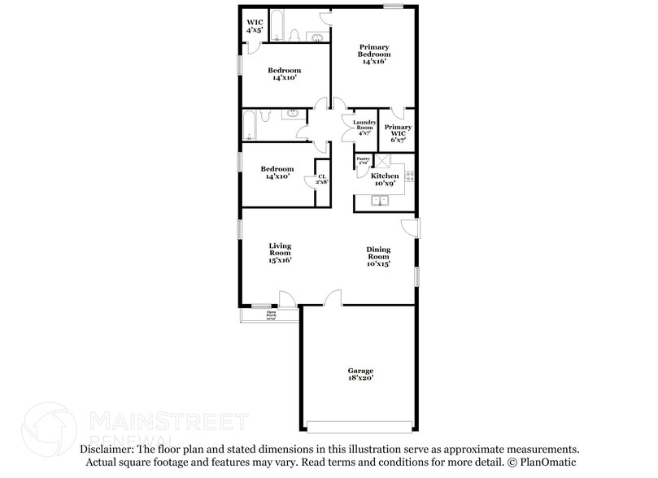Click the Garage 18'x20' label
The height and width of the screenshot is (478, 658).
coord(360,374)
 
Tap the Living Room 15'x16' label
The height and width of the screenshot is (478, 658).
coord(281,253)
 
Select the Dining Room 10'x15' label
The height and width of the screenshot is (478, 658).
coord(378,257)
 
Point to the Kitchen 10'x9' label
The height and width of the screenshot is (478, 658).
coord(385,180)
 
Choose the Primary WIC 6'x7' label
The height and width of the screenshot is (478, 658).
coord(398,133)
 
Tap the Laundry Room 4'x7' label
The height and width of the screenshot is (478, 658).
coord(364,128)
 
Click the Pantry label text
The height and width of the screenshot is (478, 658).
coord(363,160)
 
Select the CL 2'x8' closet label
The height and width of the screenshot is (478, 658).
coord(321,179)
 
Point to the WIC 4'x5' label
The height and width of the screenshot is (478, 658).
coord(255,25)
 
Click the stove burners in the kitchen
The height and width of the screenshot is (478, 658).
coord(409,176)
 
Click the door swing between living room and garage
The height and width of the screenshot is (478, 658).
coord(333,298)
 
